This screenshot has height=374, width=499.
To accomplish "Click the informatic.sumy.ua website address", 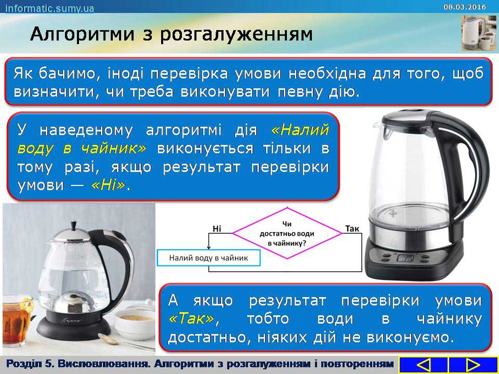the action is (x=50, y=8).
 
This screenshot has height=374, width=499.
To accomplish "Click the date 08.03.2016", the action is (x=465, y=7).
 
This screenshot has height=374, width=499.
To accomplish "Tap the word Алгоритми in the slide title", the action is (x=83, y=35).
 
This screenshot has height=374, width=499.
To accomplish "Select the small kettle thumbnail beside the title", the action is (x=479, y=33).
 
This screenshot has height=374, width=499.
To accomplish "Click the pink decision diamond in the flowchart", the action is (x=287, y=233).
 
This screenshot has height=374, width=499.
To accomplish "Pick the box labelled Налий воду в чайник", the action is (x=209, y=258).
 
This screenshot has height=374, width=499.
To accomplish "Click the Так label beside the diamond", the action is (x=352, y=229).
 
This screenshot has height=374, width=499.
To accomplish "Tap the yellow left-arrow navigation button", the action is (x=423, y=365).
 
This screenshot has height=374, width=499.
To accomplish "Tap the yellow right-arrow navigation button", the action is (x=473, y=365).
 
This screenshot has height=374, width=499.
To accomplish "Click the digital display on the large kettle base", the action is (x=405, y=258).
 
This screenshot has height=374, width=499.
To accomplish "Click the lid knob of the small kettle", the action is (x=74, y=225).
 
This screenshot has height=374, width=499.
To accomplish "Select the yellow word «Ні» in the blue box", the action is (x=108, y=186).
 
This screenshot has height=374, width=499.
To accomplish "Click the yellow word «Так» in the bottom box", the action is (x=192, y=318).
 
